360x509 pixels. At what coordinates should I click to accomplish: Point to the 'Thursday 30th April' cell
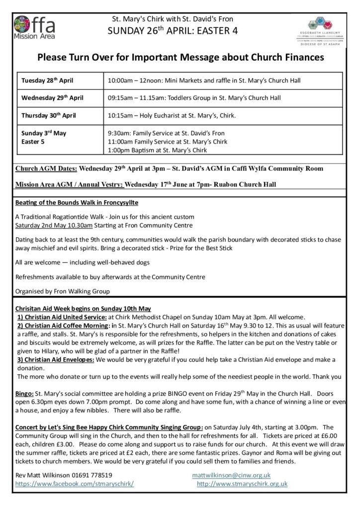point(49,115)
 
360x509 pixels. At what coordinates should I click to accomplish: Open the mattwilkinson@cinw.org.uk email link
point(231,475)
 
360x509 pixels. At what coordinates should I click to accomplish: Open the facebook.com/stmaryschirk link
point(75,483)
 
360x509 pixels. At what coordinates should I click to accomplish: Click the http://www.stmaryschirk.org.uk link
point(242,483)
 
